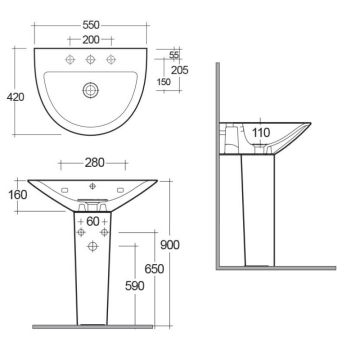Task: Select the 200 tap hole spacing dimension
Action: click(x=90, y=39)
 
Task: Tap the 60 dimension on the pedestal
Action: click(x=91, y=220)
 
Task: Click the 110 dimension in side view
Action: click(x=262, y=131)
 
